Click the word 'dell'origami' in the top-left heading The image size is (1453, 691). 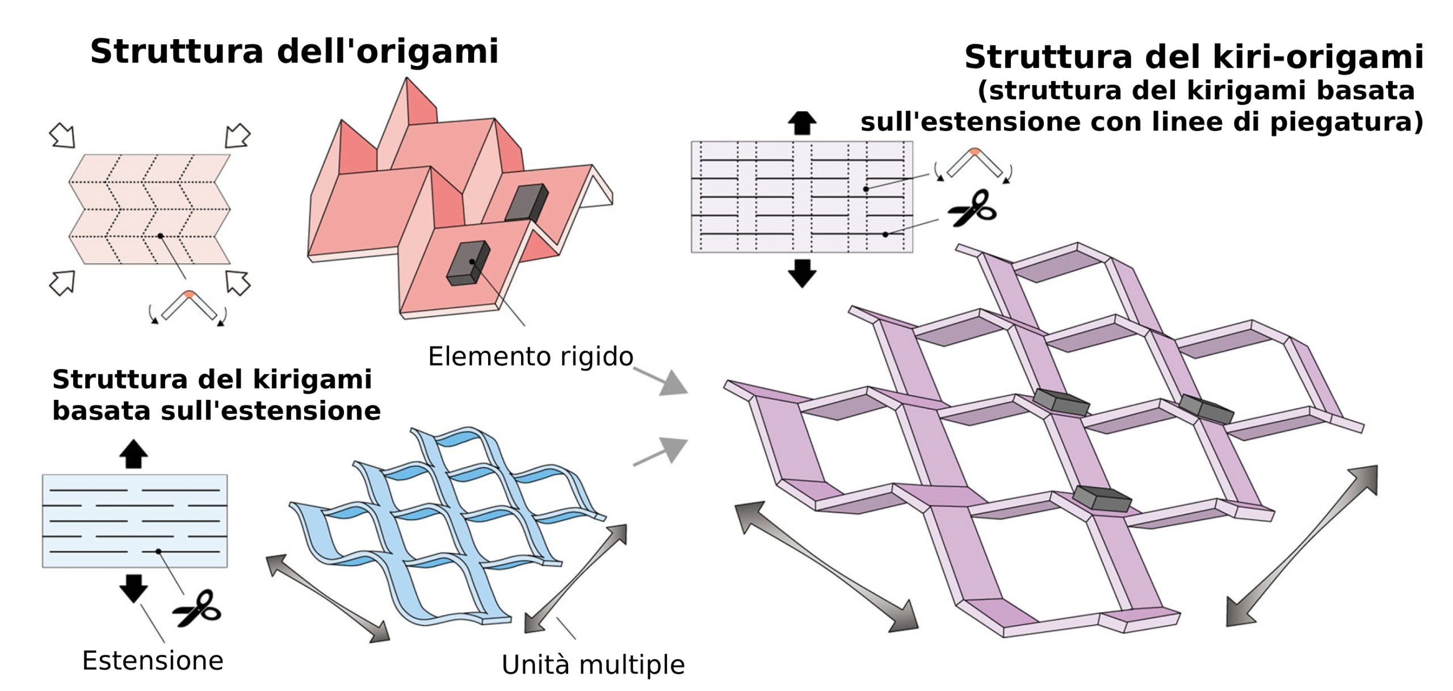387,52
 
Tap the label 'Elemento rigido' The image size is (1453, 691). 530,357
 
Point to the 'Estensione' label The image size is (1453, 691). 153,661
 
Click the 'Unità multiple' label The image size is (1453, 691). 593,665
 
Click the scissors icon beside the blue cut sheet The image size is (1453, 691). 198,609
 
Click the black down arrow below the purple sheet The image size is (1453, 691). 801,273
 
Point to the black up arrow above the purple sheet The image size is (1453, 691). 801,123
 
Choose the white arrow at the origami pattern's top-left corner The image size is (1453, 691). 62,136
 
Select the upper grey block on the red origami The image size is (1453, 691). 527,202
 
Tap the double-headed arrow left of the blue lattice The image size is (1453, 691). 328,598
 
